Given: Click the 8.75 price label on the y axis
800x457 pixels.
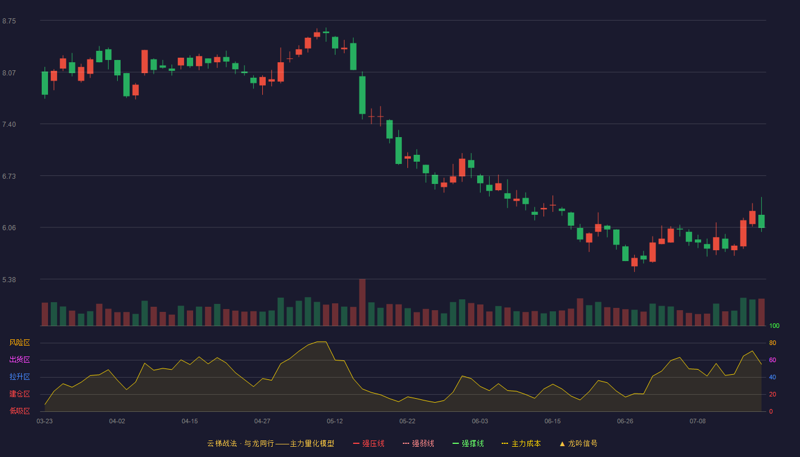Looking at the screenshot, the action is click(9, 21).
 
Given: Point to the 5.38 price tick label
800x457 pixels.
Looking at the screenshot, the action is click(9, 279).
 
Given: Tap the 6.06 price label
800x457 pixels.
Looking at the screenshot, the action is click(9, 228).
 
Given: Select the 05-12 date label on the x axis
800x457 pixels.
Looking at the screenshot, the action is click(335, 422).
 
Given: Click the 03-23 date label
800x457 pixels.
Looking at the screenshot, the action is click(45, 422).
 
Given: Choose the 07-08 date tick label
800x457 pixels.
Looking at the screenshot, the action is click(698, 422).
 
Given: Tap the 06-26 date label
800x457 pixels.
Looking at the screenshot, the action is click(625, 422).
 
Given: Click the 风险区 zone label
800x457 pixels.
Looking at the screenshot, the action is click(19, 343).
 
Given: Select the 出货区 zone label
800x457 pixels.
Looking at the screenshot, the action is click(19, 359).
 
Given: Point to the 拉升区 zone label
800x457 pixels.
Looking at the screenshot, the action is click(19, 376).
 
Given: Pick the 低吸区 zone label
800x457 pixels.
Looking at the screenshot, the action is click(19, 411).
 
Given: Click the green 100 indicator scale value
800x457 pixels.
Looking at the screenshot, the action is click(774, 326).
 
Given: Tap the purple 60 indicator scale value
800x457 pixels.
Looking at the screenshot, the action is click(773, 360).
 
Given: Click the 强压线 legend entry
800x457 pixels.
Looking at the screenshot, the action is click(369, 443).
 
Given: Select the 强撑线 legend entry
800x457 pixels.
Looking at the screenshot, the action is click(468, 443).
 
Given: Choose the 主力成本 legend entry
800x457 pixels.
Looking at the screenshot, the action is click(521, 443).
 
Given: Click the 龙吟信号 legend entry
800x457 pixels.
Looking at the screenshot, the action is click(578, 443).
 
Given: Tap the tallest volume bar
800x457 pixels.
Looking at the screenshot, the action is click(362, 302).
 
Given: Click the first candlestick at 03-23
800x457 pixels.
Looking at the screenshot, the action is click(45, 83).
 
